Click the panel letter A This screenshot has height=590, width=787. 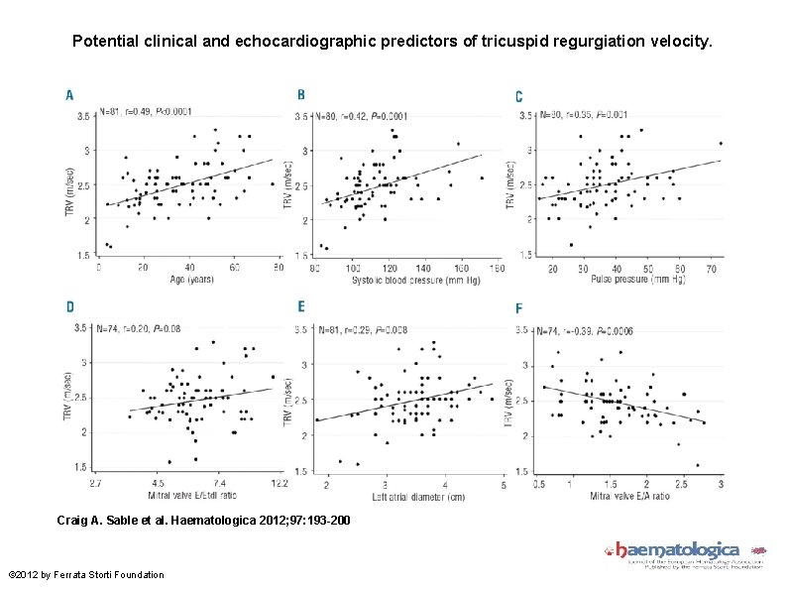click(x=68, y=95)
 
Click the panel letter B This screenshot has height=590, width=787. click(x=301, y=94)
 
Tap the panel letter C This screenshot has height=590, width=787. click(x=518, y=96)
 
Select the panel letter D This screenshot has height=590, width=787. click(x=69, y=307)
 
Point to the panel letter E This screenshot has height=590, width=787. click(x=301, y=307)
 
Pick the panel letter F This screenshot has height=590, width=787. click(x=518, y=308)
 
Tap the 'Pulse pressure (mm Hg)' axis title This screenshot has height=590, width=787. click(x=625, y=279)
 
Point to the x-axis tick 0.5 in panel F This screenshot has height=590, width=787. click(x=539, y=483)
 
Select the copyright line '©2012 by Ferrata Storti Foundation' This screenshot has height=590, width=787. click(x=86, y=574)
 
